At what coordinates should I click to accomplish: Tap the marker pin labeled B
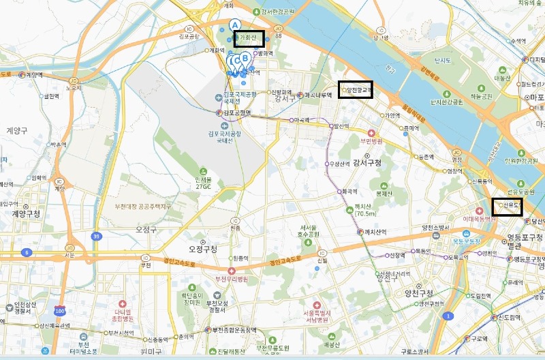pyautogui.click(x=245, y=59)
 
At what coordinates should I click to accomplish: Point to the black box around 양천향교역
pyautogui.click(x=355, y=89)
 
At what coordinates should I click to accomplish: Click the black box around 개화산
pyautogui.click(x=249, y=39)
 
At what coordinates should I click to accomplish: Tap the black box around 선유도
pyautogui.click(x=507, y=205)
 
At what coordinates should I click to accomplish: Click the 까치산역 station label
pyautogui.click(x=374, y=232)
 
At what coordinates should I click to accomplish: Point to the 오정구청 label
pyautogui.click(x=202, y=250)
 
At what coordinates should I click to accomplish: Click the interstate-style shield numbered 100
pyautogui.click(x=59, y=311)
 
